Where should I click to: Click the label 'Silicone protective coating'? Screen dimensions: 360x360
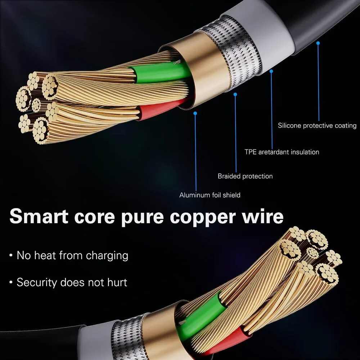tap(317, 126)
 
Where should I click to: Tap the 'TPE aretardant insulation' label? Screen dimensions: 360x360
tap(282, 152)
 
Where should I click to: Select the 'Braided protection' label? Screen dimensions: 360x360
tap(245, 176)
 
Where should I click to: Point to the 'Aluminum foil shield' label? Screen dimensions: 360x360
tap(210, 195)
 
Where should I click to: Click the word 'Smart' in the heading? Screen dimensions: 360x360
tap(39, 216)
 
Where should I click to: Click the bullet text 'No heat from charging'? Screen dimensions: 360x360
tap(72, 256)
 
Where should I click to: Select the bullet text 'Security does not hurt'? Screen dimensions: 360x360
tap(72, 282)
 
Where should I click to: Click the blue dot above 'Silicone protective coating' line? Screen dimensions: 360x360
tap(318, 43)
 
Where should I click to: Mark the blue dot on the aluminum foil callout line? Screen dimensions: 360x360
tap(195, 113)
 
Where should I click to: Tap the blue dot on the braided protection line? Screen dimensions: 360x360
tap(235, 94)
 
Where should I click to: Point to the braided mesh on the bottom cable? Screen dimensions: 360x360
tap(129, 338)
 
